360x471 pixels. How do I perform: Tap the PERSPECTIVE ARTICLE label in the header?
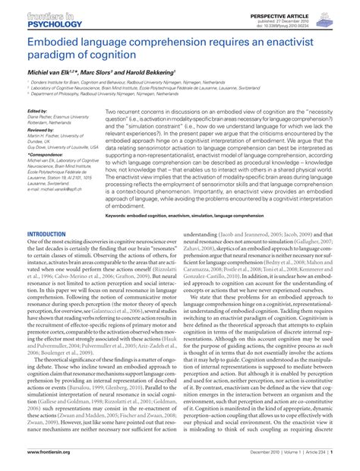coord(291,8)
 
